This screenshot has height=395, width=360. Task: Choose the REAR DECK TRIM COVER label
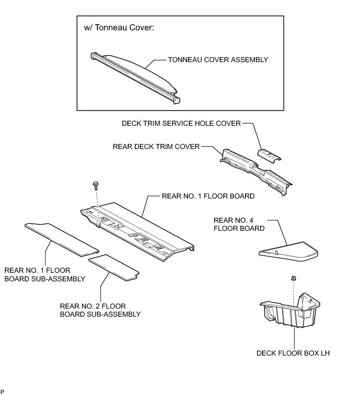156,147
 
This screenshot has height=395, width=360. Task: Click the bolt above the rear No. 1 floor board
95,186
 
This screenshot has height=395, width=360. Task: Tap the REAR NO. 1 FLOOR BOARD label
208,195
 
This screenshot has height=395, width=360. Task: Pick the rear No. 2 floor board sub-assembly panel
114,267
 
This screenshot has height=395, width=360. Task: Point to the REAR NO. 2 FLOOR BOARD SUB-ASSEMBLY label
99,310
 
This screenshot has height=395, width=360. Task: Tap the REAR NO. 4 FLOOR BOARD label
239,224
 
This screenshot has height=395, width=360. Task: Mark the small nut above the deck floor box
293,278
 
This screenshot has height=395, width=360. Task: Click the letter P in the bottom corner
3,391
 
